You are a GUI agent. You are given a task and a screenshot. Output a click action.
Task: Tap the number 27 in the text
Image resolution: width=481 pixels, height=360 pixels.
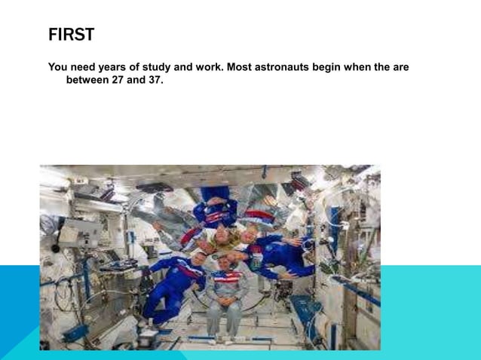point(121,79)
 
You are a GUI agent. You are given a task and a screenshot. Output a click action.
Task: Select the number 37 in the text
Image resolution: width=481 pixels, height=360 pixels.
point(154,79)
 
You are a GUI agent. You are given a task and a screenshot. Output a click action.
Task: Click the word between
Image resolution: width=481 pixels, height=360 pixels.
point(87,79)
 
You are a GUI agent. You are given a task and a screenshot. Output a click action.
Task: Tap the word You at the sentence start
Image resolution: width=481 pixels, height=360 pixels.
point(58,68)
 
